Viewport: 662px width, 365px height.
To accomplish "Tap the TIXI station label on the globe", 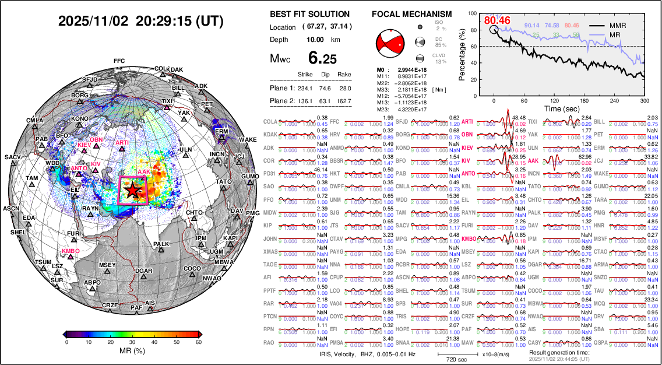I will click(167, 101).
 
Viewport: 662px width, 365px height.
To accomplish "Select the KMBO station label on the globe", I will click(70, 251).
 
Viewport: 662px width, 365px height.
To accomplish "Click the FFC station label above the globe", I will click(119, 61).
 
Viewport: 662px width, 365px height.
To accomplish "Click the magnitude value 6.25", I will click(323, 58).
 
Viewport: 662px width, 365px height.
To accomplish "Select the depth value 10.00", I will click(315, 40).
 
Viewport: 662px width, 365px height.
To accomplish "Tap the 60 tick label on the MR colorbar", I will click(198, 343).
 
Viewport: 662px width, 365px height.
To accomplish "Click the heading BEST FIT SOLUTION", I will click(310, 14).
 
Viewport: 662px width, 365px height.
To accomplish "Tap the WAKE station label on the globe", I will click(247, 140).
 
